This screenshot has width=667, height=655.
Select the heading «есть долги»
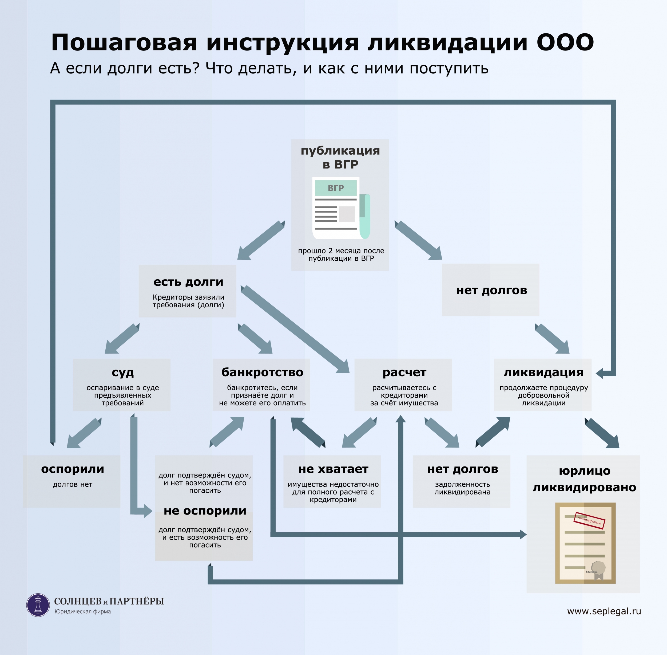[188, 282]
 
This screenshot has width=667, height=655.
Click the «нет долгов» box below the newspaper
[491, 290]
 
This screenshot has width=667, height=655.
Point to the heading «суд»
[122, 372]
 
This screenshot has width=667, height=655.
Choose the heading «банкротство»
[262, 372]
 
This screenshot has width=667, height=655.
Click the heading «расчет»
[404, 372]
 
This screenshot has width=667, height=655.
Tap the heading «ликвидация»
[543, 372]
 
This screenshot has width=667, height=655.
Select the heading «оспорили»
[72, 469]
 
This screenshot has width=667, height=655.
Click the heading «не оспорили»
[205, 511]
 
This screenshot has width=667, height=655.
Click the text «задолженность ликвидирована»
[462, 488]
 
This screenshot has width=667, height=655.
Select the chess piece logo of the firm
[38, 605]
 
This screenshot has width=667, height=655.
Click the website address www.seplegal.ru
[604, 611]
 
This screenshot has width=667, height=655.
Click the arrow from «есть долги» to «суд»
[122, 339]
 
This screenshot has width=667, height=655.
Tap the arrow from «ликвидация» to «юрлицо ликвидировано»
[602, 433]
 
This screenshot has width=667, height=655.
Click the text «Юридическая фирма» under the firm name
[82, 611]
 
